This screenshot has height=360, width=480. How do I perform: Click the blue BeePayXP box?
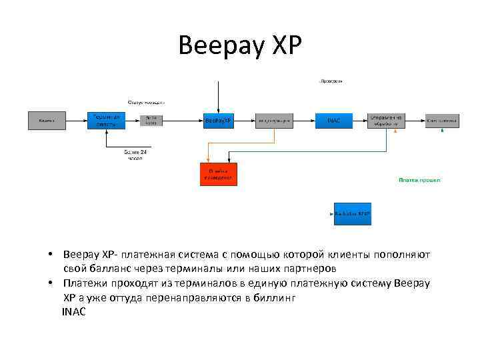(218, 121)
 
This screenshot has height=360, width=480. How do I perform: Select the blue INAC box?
(333, 121)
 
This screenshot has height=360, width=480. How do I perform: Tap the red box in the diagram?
(218, 173)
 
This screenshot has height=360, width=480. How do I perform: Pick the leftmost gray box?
(47, 121)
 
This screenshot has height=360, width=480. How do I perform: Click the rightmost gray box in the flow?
(442, 121)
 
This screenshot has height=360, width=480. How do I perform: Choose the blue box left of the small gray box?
(106, 121)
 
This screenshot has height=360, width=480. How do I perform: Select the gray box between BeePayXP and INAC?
(274, 121)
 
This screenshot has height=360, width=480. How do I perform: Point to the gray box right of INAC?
(386, 120)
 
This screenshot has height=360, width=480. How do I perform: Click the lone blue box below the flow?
(353, 214)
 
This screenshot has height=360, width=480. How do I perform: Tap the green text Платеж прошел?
(419, 180)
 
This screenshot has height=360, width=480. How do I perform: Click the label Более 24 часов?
(136, 155)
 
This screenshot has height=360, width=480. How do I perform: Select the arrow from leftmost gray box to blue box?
(77, 121)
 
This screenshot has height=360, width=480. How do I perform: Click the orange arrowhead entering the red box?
(209, 160)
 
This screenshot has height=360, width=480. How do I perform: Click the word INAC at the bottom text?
(74, 311)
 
